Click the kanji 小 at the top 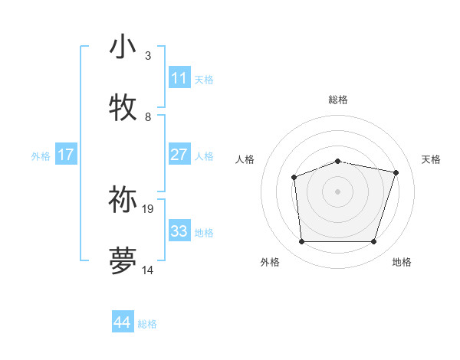(123, 47)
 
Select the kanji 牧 (123, 107)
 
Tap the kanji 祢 (123, 199)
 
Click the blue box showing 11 (179, 78)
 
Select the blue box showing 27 (179, 155)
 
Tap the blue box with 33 (179, 231)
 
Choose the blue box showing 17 (66, 155)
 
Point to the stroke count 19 (148, 208)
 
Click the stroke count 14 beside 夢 (148, 270)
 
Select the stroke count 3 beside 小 (148, 56)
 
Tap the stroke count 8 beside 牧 (148, 117)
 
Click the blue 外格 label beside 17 (41, 156)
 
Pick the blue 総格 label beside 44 (147, 324)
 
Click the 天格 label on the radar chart (431, 159)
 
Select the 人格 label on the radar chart (245, 159)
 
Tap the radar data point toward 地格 (373, 242)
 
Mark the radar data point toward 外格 (301, 242)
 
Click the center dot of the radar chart (337, 191)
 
